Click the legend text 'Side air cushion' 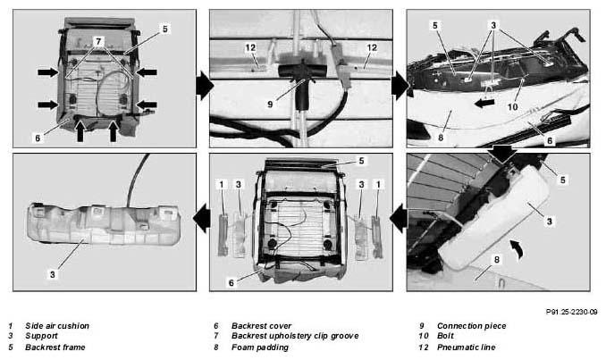[x=57, y=326]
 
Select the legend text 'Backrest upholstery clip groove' [x=295, y=336]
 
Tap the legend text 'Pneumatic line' [x=466, y=347]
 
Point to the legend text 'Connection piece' [x=472, y=326]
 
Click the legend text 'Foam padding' [x=260, y=347]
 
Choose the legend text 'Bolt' [x=446, y=336]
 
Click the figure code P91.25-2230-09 [x=572, y=312]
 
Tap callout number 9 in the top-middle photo [x=270, y=105]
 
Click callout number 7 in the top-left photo [x=98, y=41]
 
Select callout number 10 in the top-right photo [x=512, y=106]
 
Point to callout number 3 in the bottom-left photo [x=53, y=274]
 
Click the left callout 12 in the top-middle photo [x=250, y=47]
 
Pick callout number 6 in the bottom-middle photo [x=231, y=283]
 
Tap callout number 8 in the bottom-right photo [x=497, y=260]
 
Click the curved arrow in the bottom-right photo [x=518, y=248]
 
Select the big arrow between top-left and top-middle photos [x=205, y=86]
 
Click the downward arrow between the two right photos [x=502, y=155]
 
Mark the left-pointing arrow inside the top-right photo [x=484, y=103]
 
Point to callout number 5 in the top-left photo [x=165, y=29]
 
